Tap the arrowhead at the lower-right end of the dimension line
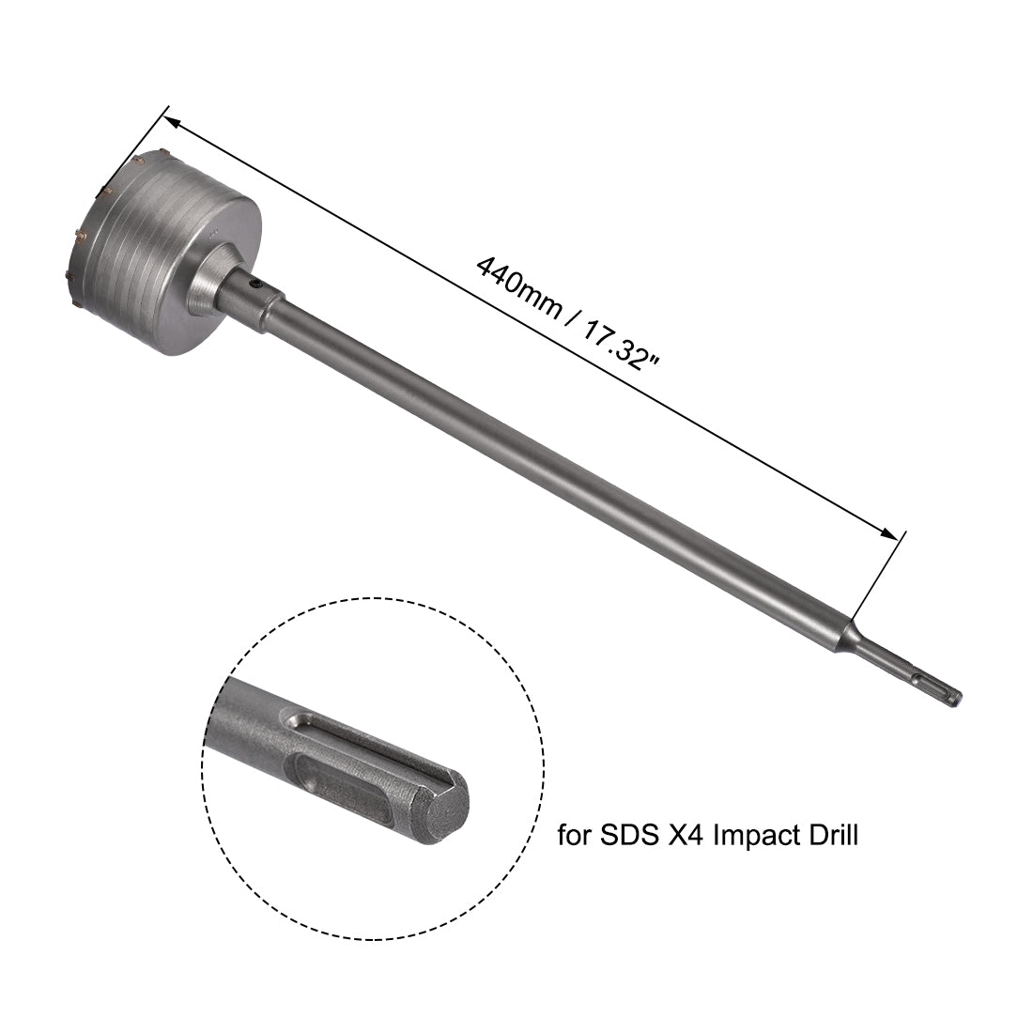click(888, 532)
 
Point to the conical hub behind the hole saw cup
click(211, 282)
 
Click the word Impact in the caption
click(760, 835)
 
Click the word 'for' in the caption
click(576, 835)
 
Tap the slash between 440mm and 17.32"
click(571, 316)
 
